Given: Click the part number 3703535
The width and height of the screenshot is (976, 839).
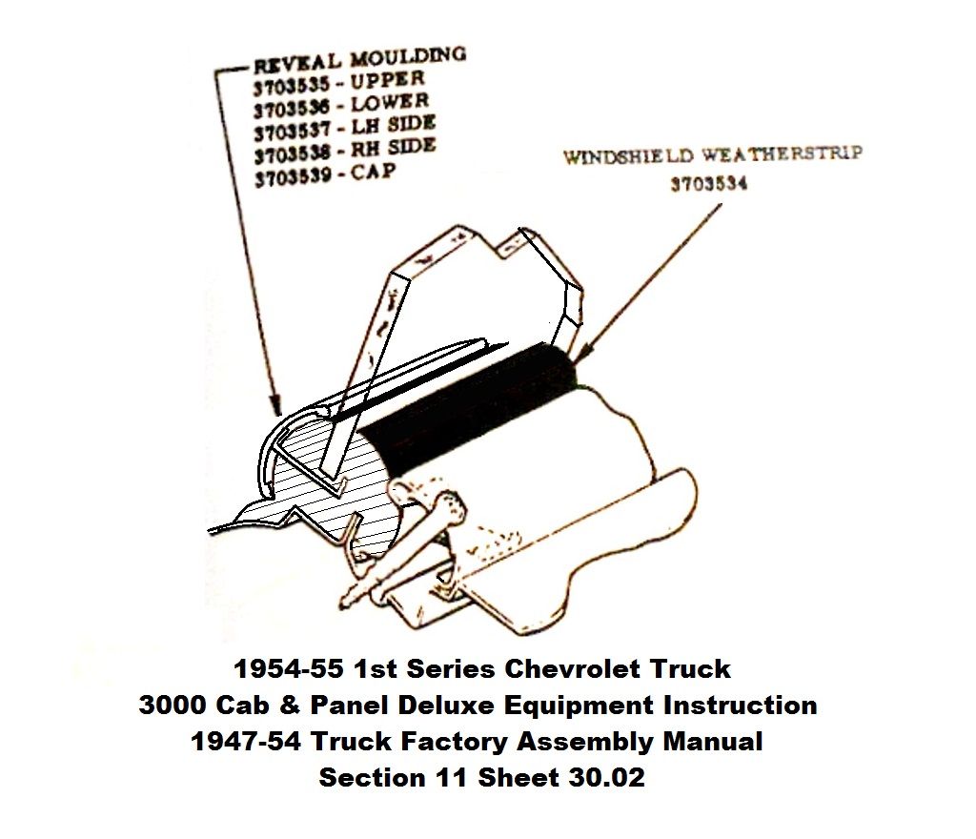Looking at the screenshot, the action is click(292, 85).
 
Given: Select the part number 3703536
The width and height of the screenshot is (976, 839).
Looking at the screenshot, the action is click(292, 109).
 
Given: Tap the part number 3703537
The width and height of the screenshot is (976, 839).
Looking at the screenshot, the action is click(292, 132).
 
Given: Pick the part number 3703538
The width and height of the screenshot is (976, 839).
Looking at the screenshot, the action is click(292, 155).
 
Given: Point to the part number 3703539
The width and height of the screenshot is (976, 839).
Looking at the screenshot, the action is click(293, 178).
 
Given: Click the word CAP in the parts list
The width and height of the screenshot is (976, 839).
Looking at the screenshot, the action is click(373, 172).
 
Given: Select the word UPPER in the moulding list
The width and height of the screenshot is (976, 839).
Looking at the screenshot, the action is click(387, 80).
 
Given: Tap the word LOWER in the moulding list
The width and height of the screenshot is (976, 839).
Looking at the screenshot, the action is click(390, 103).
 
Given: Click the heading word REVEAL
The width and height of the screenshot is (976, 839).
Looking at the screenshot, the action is click(297, 63).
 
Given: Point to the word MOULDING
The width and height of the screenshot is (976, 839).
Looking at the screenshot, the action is click(408, 56).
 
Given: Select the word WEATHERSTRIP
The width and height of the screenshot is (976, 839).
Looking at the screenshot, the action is click(783, 153).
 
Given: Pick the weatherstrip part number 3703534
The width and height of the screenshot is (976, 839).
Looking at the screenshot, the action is click(709, 184).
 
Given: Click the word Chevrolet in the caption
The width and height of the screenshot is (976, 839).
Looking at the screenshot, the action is click(572, 669).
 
